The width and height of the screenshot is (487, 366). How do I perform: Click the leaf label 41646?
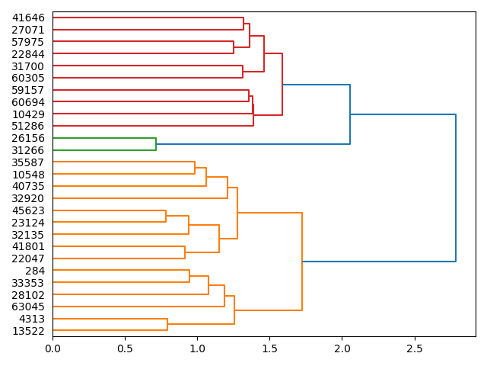(x=28, y=18)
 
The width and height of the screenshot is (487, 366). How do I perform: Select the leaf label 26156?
(x=28, y=138)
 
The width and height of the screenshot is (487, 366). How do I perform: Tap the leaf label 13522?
(x=28, y=331)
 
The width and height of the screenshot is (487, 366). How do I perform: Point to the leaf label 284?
(x=35, y=271)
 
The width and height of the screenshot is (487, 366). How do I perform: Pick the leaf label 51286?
(x=28, y=126)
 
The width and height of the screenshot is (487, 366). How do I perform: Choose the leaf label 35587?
(x=28, y=162)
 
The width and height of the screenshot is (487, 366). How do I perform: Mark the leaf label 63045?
(x=28, y=307)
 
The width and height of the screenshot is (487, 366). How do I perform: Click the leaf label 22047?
(x=28, y=258)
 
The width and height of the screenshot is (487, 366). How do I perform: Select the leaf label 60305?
(x=28, y=78)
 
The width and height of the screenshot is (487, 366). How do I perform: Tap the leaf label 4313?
(x=31, y=319)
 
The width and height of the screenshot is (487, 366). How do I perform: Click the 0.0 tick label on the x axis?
(x=53, y=348)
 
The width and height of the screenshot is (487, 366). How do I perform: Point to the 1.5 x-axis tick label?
(x=270, y=348)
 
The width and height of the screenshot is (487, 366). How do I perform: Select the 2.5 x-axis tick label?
(x=415, y=348)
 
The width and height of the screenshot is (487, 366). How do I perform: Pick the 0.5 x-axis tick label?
(x=125, y=348)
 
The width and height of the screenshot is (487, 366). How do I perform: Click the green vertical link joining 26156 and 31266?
(x=156, y=144)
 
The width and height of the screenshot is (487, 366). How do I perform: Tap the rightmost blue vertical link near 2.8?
(x=456, y=188)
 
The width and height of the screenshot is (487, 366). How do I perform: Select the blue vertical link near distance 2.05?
(x=350, y=114)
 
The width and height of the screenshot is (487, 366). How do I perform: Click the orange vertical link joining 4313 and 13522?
(x=167, y=325)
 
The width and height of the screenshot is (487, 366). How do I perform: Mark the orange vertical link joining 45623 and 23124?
(x=166, y=217)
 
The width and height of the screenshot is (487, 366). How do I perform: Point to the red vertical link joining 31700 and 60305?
(x=243, y=72)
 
